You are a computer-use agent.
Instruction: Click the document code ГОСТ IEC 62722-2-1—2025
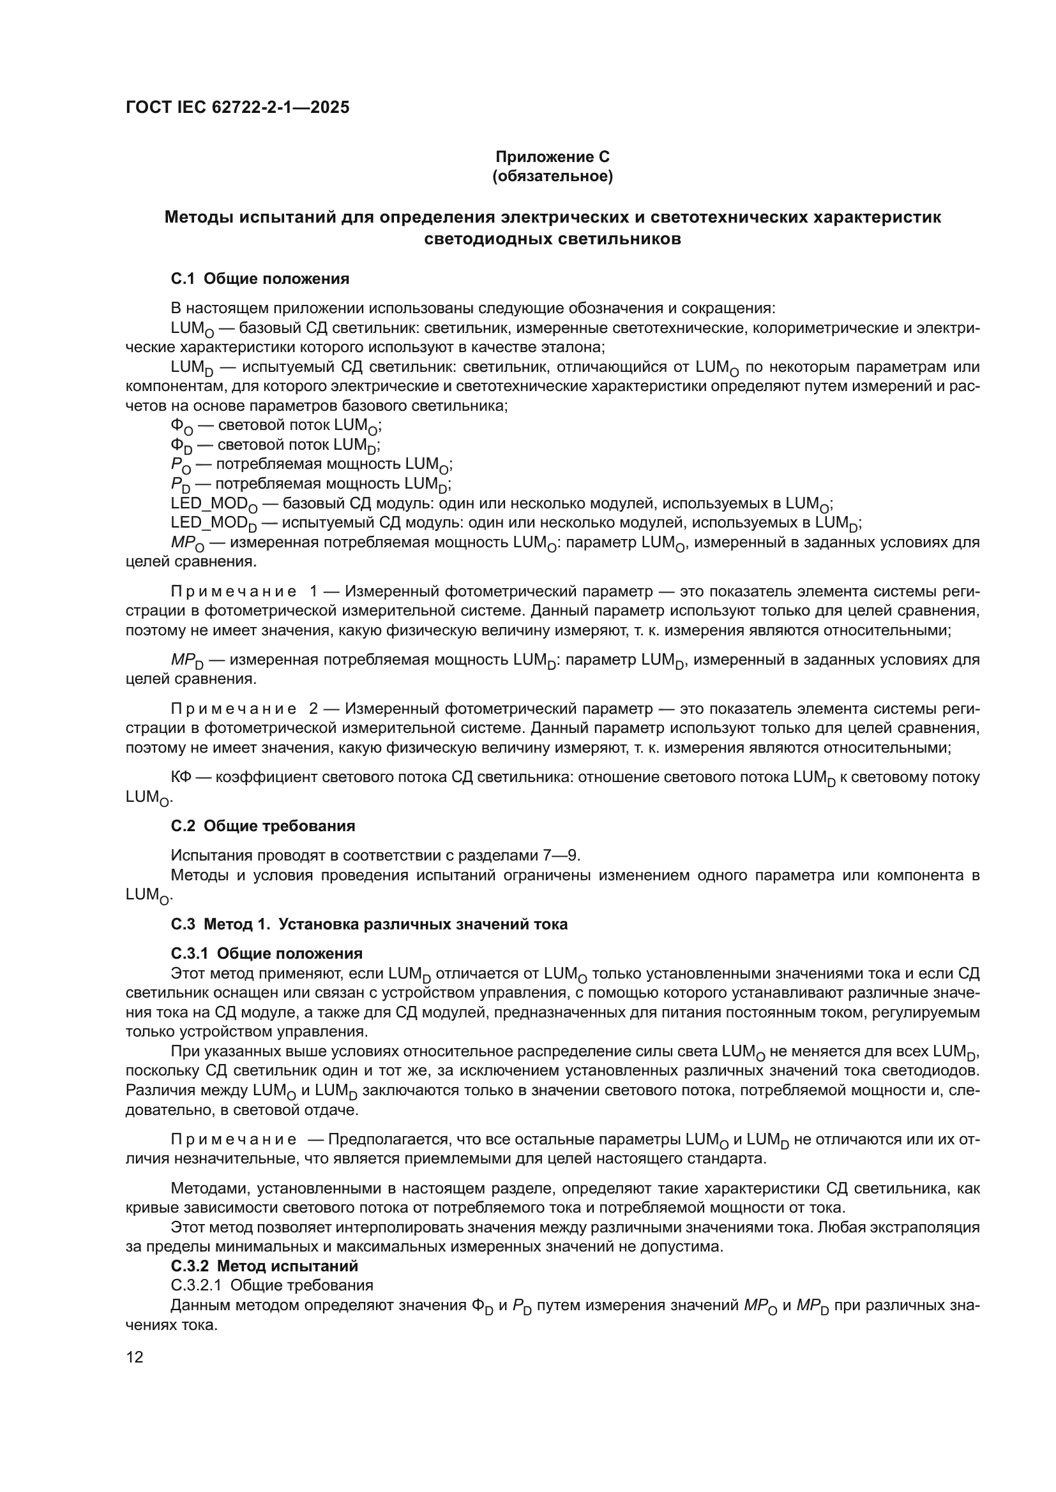coord(238,107)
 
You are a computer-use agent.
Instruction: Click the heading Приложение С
coord(552,157)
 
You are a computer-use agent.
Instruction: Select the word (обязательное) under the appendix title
coord(552,176)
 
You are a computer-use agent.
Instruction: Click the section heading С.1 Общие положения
coord(259,279)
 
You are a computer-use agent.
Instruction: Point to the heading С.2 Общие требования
coord(262,826)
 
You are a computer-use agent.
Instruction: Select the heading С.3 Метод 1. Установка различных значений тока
coord(368,924)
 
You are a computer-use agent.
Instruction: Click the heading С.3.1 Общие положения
coord(267,953)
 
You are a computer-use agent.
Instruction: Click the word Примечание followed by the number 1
coord(234,591)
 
